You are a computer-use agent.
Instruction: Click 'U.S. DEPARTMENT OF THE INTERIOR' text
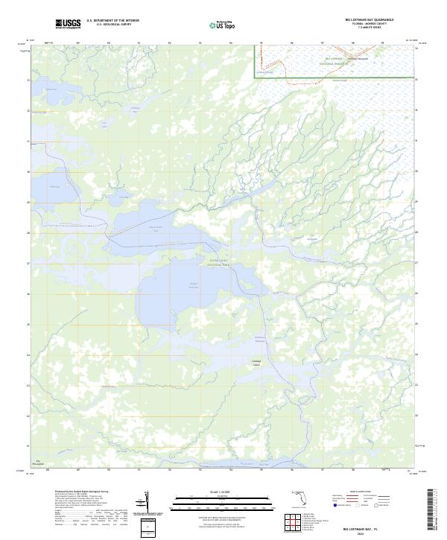pos(112,21)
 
